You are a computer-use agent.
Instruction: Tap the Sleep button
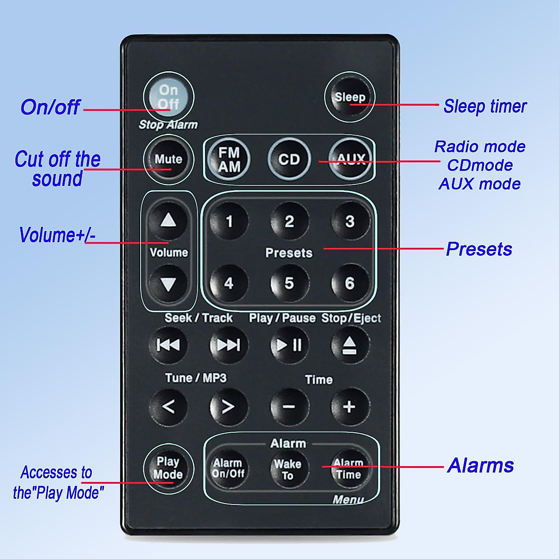(349, 97)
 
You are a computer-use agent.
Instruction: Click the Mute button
(168, 159)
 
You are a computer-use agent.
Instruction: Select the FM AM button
(229, 159)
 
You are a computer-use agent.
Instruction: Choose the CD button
(289, 159)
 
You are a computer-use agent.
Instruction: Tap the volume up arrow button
(168, 220)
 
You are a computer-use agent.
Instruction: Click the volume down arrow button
(168, 283)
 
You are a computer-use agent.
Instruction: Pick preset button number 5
(289, 283)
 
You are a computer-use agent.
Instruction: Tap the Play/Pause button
(289, 345)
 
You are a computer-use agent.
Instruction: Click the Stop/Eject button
(349, 345)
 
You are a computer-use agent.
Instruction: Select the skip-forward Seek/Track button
(228, 345)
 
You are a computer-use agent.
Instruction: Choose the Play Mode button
(168, 468)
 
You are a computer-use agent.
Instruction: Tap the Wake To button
(288, 469)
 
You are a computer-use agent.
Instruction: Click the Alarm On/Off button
(228, 468)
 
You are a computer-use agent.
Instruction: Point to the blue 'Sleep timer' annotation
(484, 106)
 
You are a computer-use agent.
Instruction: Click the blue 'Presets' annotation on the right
(479, 249)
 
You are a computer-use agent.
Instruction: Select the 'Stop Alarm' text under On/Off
(168, 125)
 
